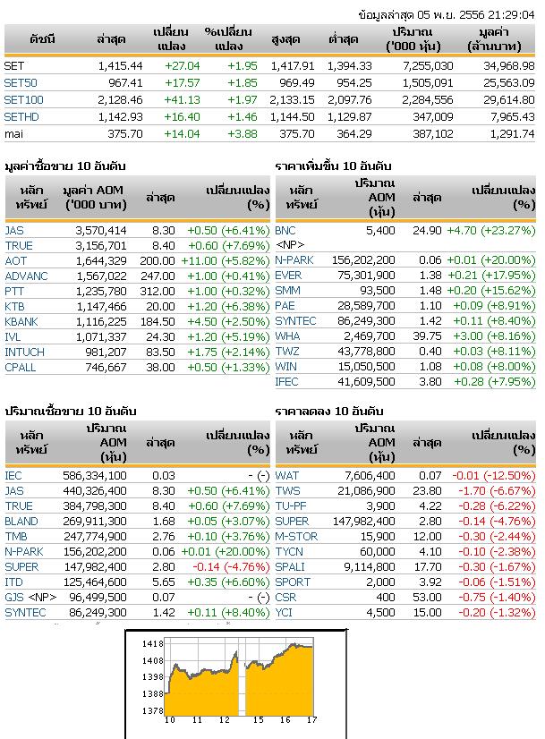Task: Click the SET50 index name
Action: pos(21,83)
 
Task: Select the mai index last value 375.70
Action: pos(125,134)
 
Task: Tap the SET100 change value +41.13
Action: pos(182,100)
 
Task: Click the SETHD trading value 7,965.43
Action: pos(513,117)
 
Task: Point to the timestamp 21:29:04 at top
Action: pos(511,14)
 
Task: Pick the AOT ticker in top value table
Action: pos(15,261)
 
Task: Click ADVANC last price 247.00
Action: pos(158,276)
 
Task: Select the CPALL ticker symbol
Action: pos(21,368)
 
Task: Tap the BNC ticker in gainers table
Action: pos(285,231)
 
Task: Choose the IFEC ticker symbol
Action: pos(286,382)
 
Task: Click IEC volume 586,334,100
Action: pos(95,476)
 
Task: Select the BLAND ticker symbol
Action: pos(21,522)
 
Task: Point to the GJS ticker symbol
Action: pos(14,598)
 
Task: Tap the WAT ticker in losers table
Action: pos(286,476)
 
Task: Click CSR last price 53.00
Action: pos(427,598)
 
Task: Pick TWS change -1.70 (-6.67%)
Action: pos(497,491)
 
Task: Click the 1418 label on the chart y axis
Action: pos(152,644)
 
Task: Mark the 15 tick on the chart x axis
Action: pos(259,719)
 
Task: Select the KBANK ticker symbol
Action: pos(21,322)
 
